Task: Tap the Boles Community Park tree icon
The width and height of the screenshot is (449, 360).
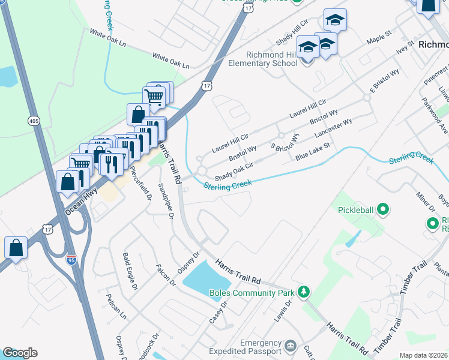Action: click(x=304, y=292)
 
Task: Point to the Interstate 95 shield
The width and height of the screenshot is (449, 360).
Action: click(x=71, y=260)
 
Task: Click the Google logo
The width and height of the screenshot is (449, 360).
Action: click(x=20, y=353)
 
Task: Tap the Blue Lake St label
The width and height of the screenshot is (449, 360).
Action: click(x=313, y=152)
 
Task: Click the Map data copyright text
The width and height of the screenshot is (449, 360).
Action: click(x=423, y=355)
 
